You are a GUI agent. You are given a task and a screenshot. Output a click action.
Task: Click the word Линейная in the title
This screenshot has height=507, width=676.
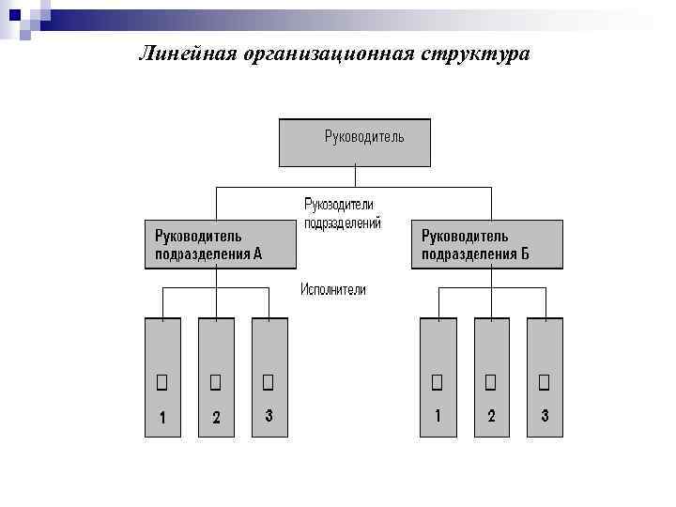pos(186,54)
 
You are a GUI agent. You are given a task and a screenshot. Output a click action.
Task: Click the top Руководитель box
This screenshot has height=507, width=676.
pos(355,142)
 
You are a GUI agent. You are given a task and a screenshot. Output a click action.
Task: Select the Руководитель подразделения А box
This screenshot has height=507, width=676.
pos(220,244)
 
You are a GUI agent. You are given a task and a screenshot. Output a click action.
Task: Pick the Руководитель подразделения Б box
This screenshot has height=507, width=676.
pos(487,244)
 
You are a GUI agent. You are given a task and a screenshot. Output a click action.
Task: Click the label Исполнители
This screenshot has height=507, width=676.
pos(333,290)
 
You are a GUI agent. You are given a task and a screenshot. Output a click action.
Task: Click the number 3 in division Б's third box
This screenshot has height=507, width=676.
pos(545,416)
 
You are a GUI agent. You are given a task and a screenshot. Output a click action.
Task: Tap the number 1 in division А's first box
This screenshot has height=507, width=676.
pos(162,419)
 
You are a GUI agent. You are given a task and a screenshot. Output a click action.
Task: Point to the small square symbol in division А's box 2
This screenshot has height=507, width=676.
pos(215,381)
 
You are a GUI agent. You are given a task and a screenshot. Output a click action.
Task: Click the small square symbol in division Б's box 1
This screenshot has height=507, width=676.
pos(437,381)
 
